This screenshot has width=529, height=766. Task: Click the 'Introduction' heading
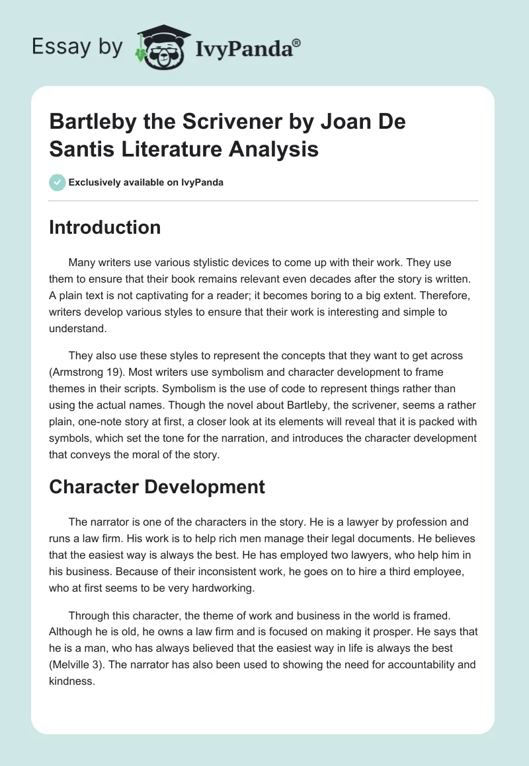pyautogui.click(x=104, y=227)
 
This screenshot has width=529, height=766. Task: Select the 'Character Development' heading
pyautogui.click(x=157, y=487)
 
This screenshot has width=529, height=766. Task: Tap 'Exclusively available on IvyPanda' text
pyautogui.click(x=145, y=182)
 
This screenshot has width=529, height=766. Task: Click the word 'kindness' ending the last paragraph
pyautogui.click(x=73, y=680)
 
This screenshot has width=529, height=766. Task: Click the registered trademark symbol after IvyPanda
pyautogui.click(x=297, y=42)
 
